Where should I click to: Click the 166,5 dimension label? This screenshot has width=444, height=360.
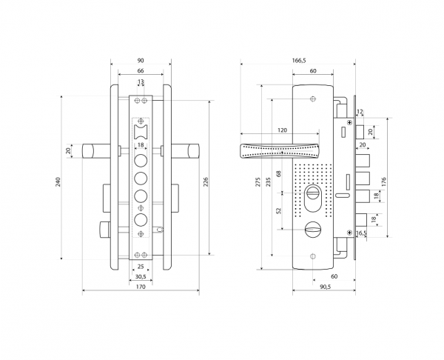pyautogui.click(x=299, y=61)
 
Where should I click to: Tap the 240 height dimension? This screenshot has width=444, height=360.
pyautogui.click(x=58, y=181)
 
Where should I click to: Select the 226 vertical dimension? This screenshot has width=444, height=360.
pyautogui.click(x=206, y=181)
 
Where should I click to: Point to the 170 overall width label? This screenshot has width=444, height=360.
pyautogui.click(x=141, y=287)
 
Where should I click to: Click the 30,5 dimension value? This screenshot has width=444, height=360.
pyautogui.click(x=141, y=276)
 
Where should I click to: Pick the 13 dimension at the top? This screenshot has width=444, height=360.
pyautogui.click(x=141, y=82)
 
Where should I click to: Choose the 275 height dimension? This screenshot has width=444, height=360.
pyautogui.click(x=258, y=181)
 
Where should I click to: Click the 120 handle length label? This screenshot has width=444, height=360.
pyautogui.click(x=282, y=130)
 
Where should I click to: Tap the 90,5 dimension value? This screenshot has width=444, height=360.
pyautogui.click(x=326, y=287)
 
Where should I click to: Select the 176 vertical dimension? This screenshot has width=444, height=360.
pyautogui.click(x=383, y=181)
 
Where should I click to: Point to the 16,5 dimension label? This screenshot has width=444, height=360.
pyautogui.click(x=361, y=233)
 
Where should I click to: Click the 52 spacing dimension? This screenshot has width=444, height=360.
pyautogui.click(x=279, y=210)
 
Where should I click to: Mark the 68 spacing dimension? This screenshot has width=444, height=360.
pyautogui.click(x=279, y=173)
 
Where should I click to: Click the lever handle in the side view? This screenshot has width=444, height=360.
pyautogui.click(x=280, y=150)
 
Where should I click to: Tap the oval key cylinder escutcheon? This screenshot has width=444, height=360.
pyautogui.click(x=313, y=198)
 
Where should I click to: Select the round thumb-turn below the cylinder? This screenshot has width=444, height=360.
pyautogui.click(x=313, y=228)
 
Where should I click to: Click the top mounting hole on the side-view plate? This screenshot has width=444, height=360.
pyautogui.click(x=313, y=99)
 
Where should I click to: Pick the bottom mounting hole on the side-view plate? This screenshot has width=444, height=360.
pyautogui.click(x=313, y=256)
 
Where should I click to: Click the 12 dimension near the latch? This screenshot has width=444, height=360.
pyautogui.click(x=360, y=112)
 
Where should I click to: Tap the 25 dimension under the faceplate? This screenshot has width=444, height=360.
pyautogui.click(x=141, y=267)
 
